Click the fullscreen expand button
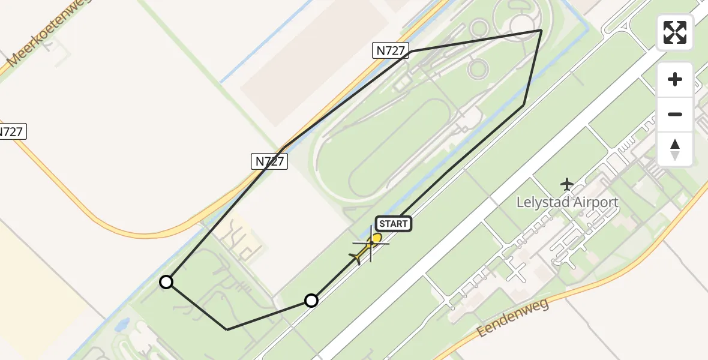point(675,32)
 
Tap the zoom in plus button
point(675,79)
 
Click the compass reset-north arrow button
point(675,149)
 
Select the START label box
point(393,224)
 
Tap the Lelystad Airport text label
point(567,202)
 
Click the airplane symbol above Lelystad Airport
point(566,184)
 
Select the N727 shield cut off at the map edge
point(12,132)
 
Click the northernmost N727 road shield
point(391,51)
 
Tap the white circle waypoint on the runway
point(311,300)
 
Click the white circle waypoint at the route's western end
point(166,281)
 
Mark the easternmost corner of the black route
point(541,30)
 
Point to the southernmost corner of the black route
point(227,329)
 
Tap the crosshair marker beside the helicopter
point(370,244)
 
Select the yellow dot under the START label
point(377,238)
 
